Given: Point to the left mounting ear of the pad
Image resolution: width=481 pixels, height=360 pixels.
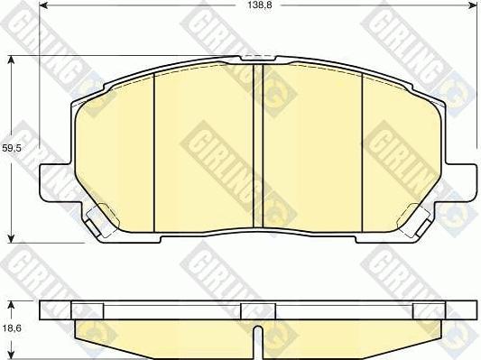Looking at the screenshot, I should click(x=51, y=180).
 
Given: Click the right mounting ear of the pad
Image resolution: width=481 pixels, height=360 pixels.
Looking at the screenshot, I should click(x=462, y=180).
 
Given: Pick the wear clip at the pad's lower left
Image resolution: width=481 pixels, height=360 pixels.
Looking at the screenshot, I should click(x=99, y=217).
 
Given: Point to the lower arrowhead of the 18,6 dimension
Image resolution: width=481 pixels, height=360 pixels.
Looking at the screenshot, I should click(x=11, y=355).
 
